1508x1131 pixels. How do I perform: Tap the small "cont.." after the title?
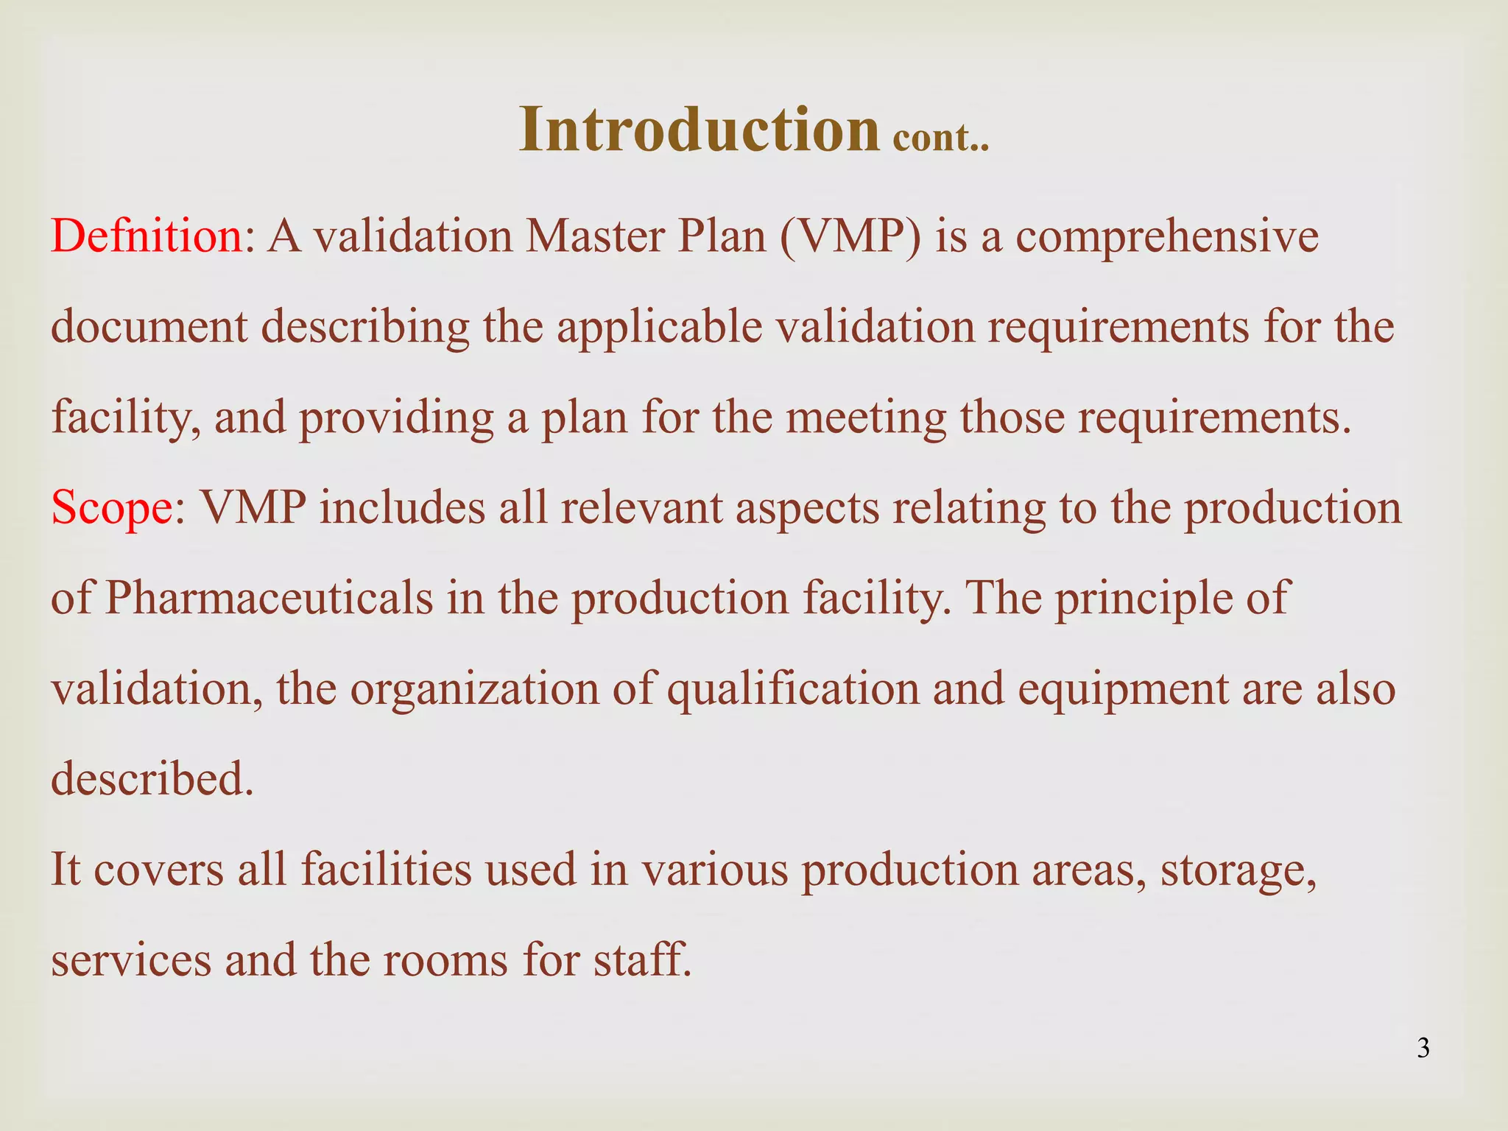click(x=940, y=137)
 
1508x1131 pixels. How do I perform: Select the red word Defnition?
click(x=147, y=237)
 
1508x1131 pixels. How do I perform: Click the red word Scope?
click(x=111, y=508)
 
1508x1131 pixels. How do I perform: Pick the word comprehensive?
click(x=1167, y=237)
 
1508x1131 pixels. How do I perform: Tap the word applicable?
click(x=659, y=327)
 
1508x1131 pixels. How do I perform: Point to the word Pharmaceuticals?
click(x=269, y=598)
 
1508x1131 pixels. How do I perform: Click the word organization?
click(x=474, y=689)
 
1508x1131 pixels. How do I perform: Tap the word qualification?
click(x=793, y=689)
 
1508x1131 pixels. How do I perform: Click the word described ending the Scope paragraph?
click(x=152, y=779)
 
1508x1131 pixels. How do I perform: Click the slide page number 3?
click(x=1423, y=1048)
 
